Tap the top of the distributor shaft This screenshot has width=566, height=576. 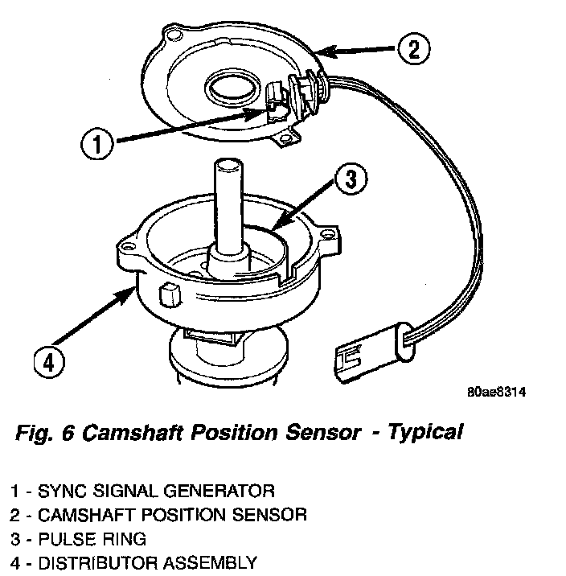point(226,166)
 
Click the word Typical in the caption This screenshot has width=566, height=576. point(425,432)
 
